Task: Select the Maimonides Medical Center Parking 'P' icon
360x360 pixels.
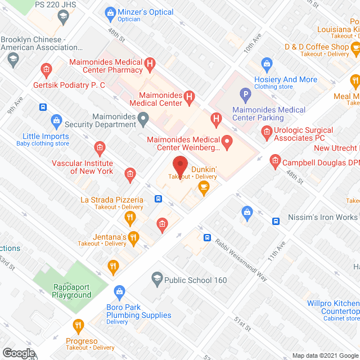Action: (245, 94)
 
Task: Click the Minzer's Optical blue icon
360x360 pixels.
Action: (110, 12)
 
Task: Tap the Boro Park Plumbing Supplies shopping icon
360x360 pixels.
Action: (119, 291)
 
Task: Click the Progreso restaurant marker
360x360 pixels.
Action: (78, 325)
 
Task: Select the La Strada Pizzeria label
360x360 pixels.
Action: (112, 200)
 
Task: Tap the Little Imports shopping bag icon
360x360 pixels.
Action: (56, 120)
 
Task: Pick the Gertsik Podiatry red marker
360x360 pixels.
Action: (46, 70)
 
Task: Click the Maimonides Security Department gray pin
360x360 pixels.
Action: (144, 118)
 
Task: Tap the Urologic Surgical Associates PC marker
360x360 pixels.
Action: (267, 133)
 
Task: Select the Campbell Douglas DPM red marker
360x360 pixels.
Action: (275, 162)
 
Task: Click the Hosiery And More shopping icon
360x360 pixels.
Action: (267, 62)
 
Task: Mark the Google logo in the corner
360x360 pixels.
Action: (18, 353)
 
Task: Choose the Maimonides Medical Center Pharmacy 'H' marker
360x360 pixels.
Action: (150, 64)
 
